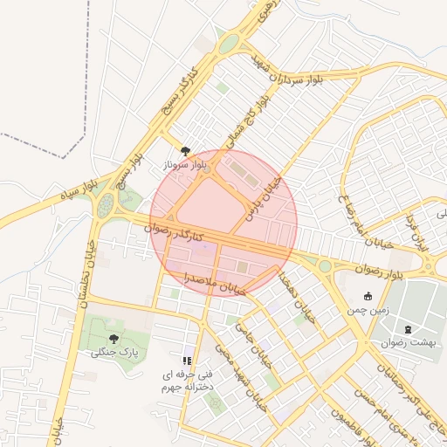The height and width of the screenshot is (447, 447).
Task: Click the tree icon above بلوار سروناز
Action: [x=185, y=150]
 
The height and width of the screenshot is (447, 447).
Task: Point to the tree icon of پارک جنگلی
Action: [x=114, y=338]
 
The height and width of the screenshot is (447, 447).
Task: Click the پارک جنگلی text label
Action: [x=115, y=353]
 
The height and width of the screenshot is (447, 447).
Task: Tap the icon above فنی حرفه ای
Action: [x=187, y=359]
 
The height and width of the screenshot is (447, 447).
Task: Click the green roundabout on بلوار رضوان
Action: [x=325, y=265]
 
